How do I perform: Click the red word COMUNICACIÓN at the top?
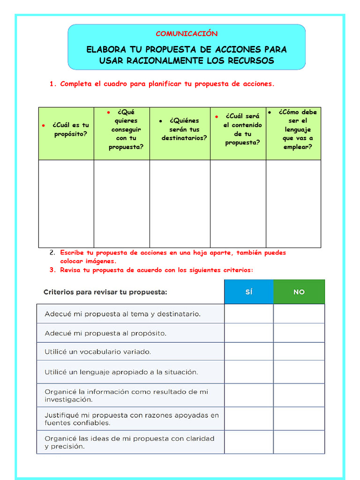tap(187, 34)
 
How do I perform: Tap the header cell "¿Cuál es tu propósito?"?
tap(70, 129)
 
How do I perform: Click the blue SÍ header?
tap(248, 292)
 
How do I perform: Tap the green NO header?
tap(299, 292)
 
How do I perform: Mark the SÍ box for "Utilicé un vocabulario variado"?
tap(248, 351)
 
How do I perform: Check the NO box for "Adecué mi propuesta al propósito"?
tap(299, 333)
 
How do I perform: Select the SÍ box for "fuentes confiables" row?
tap(248, 419)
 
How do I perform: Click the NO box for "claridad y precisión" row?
tap(299, 442)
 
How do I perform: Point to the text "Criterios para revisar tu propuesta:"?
tap(105, 292)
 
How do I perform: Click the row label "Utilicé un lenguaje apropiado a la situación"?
tap(121, 372)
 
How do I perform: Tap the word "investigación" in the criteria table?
tap(68, 400)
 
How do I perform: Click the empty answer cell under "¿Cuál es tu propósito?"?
tap(66, 203)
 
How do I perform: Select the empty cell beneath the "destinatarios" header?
tap(180, 203)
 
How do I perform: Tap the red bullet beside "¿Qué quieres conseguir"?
tap(108, 112)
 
